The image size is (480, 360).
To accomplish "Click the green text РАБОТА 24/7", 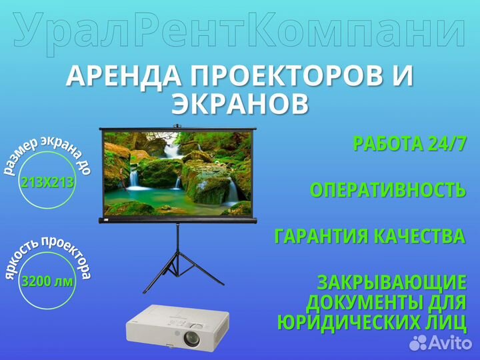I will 409,143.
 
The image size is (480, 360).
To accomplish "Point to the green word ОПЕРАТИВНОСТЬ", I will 387,189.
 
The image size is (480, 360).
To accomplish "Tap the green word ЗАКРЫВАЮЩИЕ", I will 391,281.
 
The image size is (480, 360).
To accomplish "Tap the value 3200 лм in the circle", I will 47,281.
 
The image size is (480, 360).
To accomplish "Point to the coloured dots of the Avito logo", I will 419,342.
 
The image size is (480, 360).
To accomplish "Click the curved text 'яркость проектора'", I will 47,252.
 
